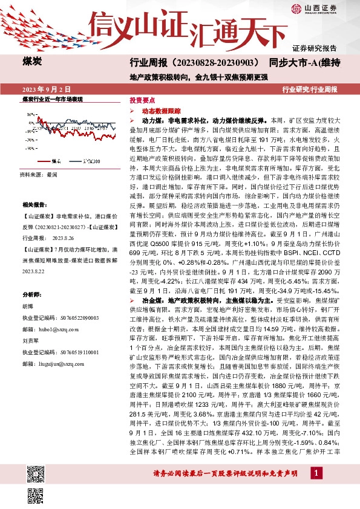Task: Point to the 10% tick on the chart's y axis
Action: tap(30, 113)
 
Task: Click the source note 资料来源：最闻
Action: tap(39, 174)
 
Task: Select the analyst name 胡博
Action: tap(28, 306)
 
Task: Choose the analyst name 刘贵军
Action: tap(31, 340)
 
